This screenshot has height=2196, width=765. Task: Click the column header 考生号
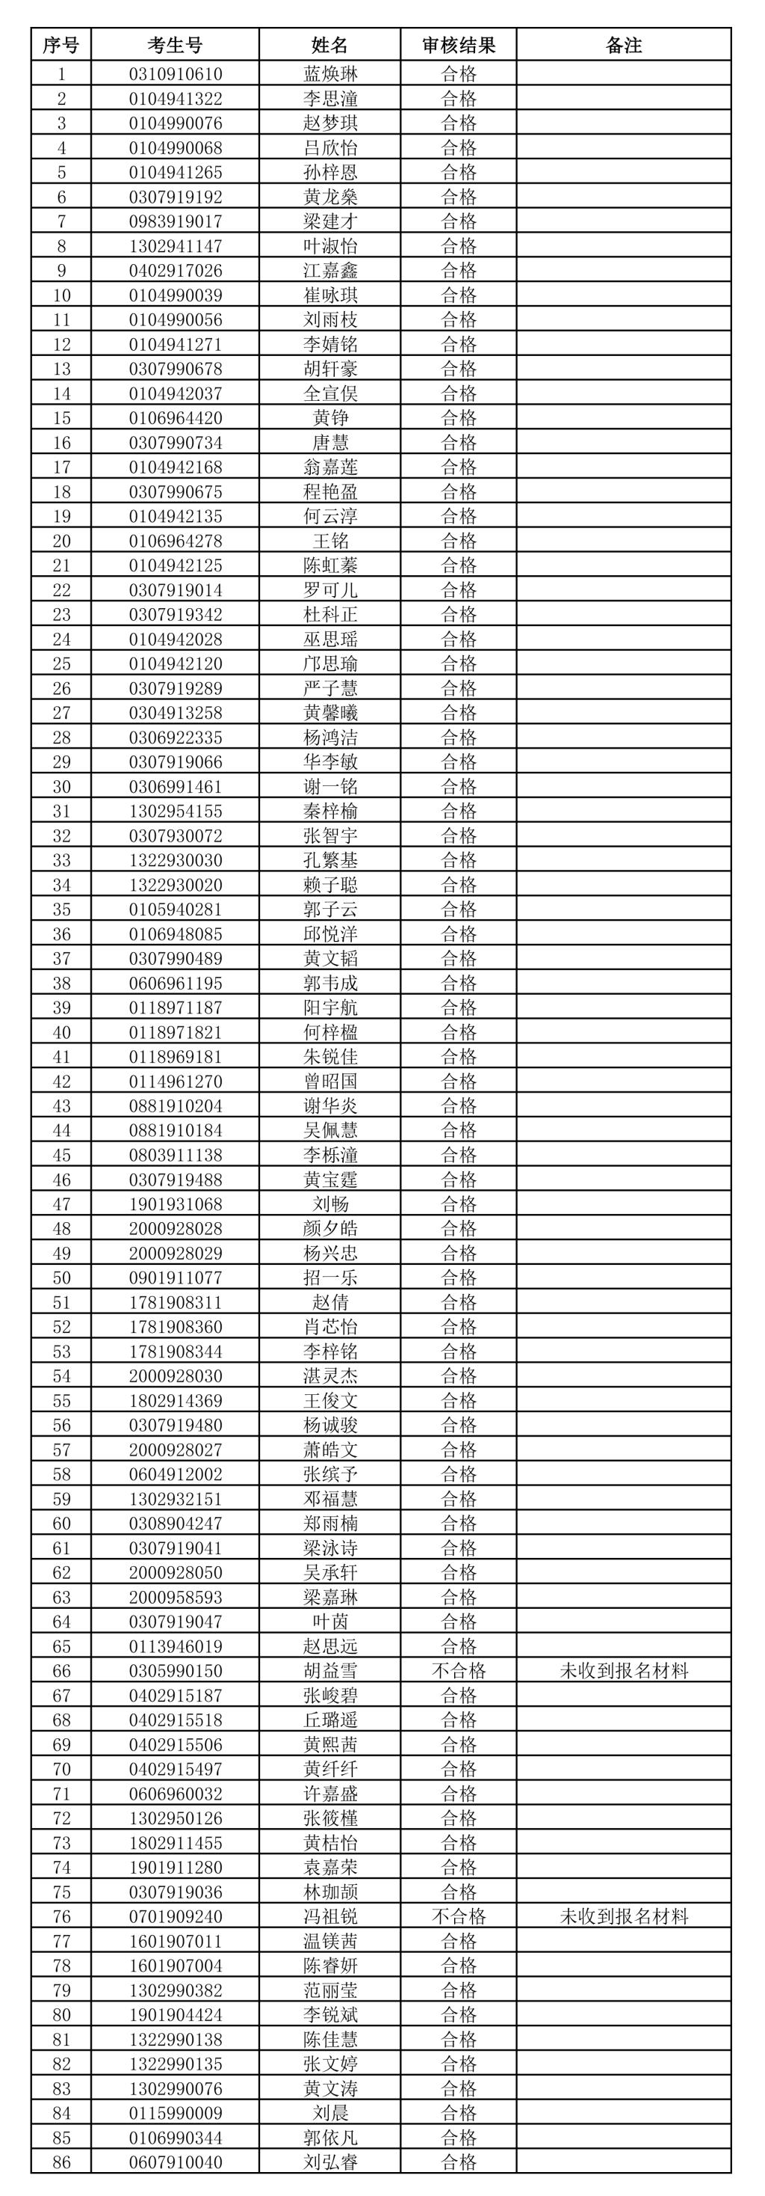pyautogui.click(x=175, y=45)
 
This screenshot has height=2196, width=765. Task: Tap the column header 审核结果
pyautogui.click(x=458, y=45)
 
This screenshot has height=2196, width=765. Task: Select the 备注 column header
pyautogui.click(x=624, y=45)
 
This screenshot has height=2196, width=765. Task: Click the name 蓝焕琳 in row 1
pyautogui.click(x=329, y=73)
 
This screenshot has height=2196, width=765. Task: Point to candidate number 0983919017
pyautogui.click(x=176, y=221)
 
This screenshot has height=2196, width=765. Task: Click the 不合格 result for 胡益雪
pyautogui.click(x=458, y=1671)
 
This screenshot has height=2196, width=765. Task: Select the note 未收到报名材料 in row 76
pyautogui.click(x=624, y=1916)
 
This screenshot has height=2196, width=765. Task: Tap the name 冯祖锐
pyautogui.click(x=329, y=1916)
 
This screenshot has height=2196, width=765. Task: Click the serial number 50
pyautogui.click(x=61, y=1277)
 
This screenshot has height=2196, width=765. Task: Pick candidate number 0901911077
pyautogui.click(x=176, y=1277)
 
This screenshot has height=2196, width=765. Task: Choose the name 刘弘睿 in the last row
pyautogui.click(x=329, y=2161)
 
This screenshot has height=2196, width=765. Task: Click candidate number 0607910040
pyautogui.click(x=176, y=2161)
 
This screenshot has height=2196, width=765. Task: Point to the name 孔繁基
pyautogui.click(x=329, y=859)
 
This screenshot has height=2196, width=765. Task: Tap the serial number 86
pyautogui.click(x=61, y=2161)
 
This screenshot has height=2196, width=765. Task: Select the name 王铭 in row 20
pyautogui.click(x=329, y=541)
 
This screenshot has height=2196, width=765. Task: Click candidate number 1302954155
pyautogui.click(x=176, y=811)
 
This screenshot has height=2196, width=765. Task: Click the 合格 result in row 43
pyautogui.click(x=458, y=1105)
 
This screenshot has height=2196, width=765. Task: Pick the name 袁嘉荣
pyautogui.click(x=329, y=1866)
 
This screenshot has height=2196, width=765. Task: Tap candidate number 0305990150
pyautogui.click(x=176, y=1671)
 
